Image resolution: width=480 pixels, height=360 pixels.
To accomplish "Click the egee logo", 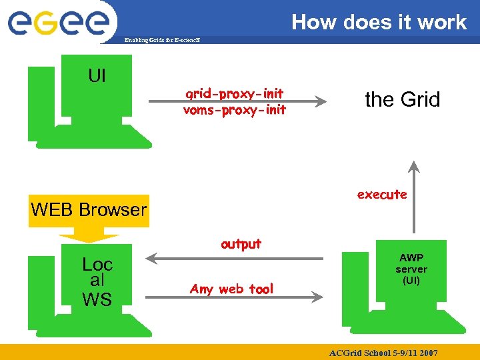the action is click(58, 21).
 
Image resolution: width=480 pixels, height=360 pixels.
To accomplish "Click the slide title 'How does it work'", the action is click(379, 22).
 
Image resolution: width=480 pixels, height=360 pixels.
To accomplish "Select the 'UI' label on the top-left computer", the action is click(97, 76).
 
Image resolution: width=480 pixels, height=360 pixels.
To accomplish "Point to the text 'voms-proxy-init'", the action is click(235, 110).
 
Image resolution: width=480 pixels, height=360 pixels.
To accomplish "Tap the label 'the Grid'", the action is click(403, 100).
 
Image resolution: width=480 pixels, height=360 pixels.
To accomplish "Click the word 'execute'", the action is click(382, 195).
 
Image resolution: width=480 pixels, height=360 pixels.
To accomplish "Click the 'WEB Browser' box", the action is click(89, 210).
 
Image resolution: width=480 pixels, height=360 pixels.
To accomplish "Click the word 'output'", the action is click(241, 244).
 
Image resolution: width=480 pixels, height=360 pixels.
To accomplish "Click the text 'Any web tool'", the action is click(231, 289).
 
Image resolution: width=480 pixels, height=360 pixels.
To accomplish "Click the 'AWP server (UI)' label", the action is click(411, 269).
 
